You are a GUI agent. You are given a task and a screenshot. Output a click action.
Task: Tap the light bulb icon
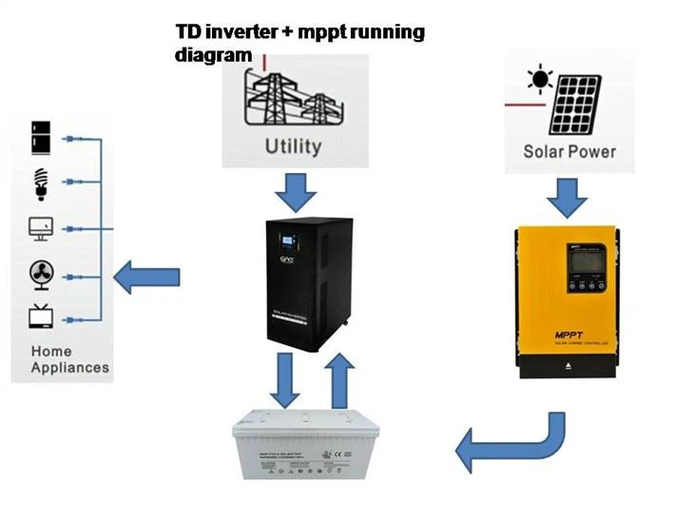[41, 182]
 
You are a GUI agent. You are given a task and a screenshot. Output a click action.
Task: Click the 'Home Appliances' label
[69, 358]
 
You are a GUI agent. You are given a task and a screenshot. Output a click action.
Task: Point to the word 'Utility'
[293, 146]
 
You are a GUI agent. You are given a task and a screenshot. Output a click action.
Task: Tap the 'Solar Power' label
[569, 151]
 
